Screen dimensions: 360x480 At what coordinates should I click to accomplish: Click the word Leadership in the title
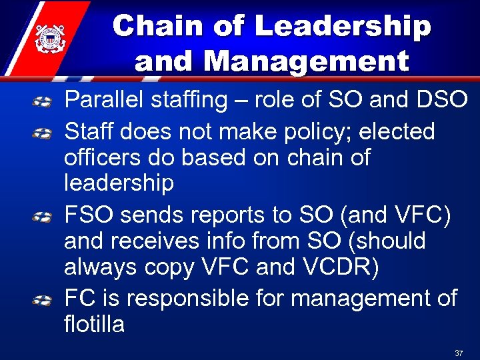click(x=343, y=27)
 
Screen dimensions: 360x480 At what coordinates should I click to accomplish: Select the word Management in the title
click(x=307, y=61)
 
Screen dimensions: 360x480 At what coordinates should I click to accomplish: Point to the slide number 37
click(x=458, y=352)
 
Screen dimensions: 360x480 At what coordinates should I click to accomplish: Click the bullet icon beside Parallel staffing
click(x=43, y=102)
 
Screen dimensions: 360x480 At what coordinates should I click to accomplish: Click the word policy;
click(x=313, y=133)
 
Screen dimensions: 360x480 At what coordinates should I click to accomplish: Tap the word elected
click(x=397, y=132)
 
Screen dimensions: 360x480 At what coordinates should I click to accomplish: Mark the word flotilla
click(x=94, y=324)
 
